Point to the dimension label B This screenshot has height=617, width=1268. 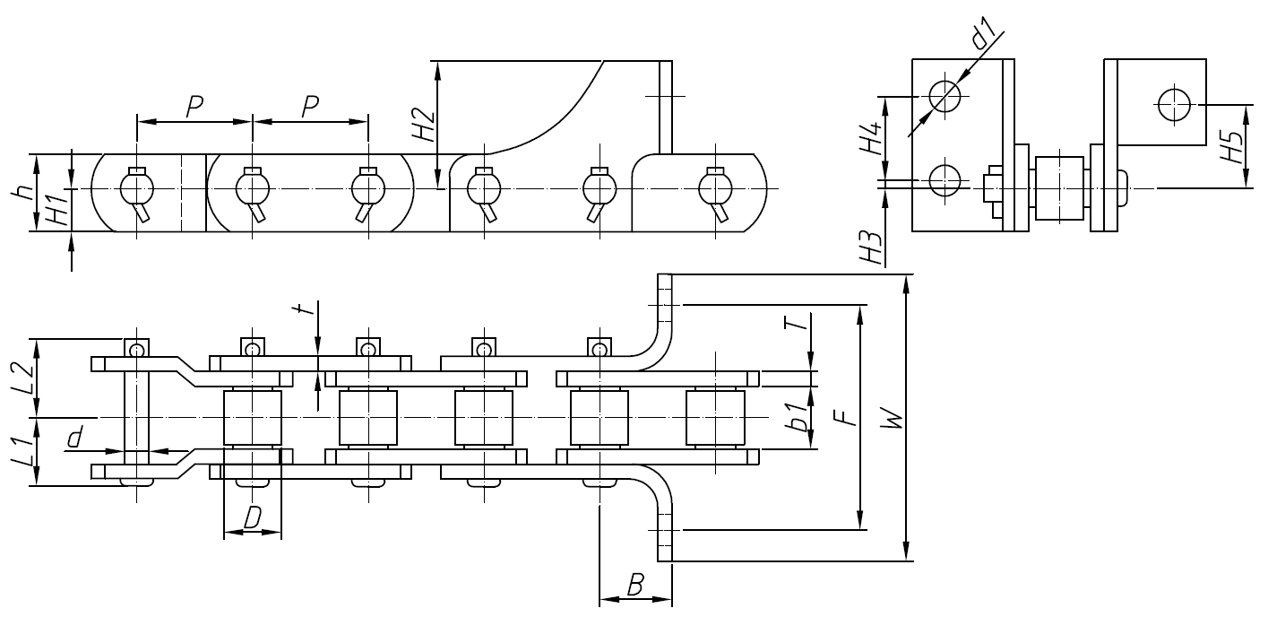click(634, 587)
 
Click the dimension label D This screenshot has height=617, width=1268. click(254, 517)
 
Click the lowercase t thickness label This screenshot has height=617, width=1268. click(306, 310)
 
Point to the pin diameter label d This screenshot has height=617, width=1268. click(76, 437)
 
